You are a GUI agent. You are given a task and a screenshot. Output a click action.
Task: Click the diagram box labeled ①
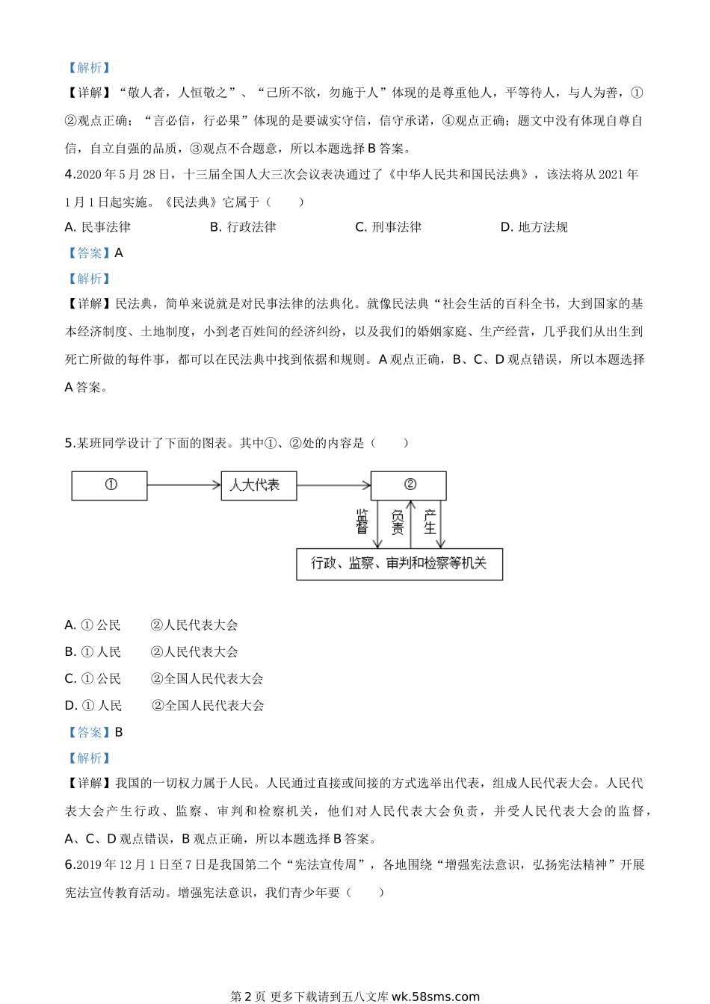109,486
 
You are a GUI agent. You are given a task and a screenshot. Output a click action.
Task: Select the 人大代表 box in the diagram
259,486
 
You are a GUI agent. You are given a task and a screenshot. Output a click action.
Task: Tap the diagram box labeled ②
408,486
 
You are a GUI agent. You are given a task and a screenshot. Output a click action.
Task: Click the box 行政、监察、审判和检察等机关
399,564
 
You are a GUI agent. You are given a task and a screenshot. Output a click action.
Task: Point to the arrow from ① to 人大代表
184,486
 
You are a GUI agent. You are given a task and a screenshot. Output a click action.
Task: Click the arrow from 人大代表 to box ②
333,486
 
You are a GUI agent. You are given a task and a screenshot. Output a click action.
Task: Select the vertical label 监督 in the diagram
362,521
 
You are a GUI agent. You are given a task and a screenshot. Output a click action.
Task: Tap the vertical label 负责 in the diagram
398,521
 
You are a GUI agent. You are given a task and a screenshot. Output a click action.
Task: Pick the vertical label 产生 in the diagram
430,521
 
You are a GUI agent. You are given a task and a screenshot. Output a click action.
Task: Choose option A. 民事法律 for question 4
98,227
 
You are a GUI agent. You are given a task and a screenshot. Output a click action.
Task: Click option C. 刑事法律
388,227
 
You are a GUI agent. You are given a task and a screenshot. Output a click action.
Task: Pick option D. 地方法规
534,227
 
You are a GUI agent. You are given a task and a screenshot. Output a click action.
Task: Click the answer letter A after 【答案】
119,253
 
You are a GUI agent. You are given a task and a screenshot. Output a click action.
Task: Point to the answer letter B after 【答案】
119,733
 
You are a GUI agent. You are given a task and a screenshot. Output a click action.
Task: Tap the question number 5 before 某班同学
69,443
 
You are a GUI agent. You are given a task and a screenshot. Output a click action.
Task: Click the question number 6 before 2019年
69,865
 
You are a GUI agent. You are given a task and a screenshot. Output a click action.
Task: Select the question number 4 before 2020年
69,175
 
